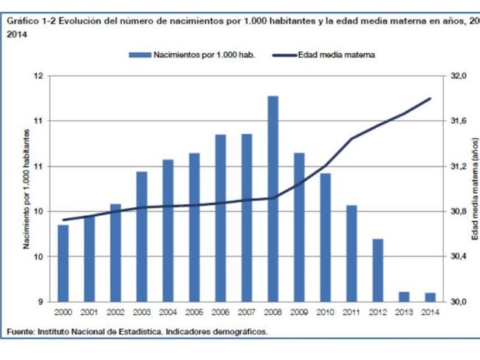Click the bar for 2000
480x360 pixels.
coord(64,262)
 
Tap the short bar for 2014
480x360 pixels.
coord(430,297)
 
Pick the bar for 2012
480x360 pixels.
coord(377,270)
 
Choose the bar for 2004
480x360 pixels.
coord(168,230)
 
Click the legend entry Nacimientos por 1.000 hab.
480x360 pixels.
coord(192,55)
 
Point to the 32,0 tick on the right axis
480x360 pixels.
coord(459,75)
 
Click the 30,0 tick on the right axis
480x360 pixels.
coord(459,302)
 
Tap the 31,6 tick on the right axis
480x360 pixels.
coord(459,120)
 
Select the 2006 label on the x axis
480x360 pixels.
coord(220,313)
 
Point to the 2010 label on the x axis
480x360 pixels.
coord(325,313)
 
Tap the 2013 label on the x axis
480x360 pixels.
coord(404,313)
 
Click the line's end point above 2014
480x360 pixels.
coord(431,98)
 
